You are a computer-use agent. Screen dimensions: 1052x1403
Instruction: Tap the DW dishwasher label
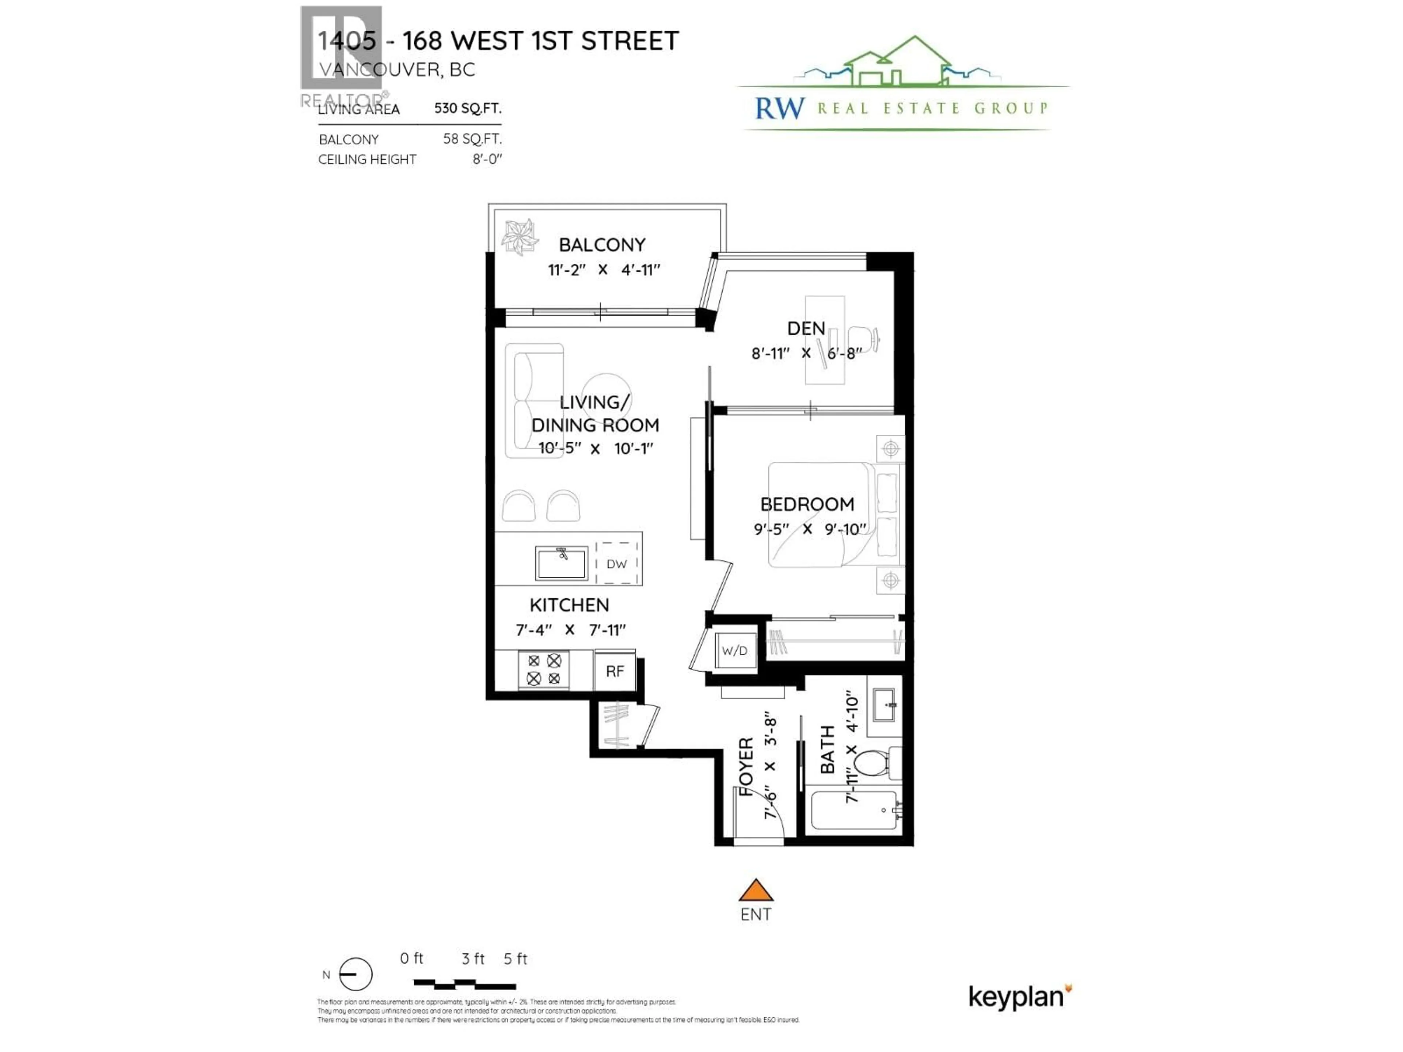[616, 564]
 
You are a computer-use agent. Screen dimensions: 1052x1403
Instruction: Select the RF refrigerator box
[615, 671]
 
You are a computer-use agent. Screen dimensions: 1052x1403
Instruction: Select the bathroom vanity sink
[884, 705]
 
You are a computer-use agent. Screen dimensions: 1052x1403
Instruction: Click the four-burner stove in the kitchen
[544, 670]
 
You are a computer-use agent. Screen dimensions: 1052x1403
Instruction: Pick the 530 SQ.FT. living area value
[467, 108]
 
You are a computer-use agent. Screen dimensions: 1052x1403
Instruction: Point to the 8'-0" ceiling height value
[487, 159]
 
